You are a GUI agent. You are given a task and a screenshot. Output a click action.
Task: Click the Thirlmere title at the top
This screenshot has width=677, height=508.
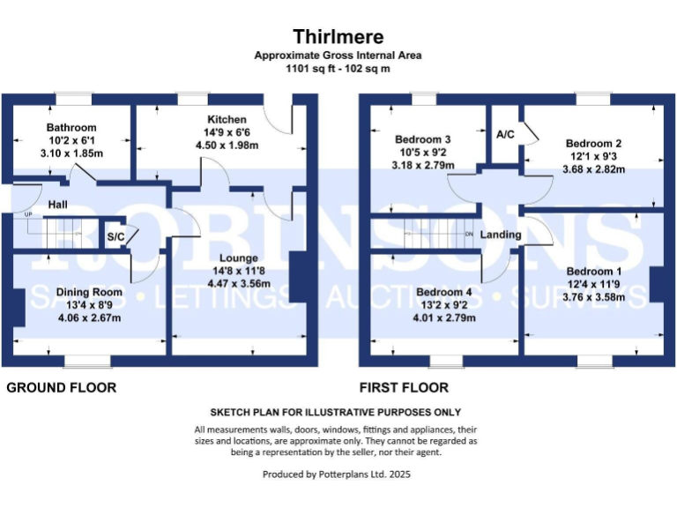[338, 36]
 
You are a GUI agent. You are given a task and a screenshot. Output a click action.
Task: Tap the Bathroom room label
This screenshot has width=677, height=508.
[71, 128]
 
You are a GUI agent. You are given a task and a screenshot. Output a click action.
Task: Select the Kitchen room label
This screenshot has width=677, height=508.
[227, 120]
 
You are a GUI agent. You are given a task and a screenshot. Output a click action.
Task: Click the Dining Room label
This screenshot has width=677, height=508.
[88, 292]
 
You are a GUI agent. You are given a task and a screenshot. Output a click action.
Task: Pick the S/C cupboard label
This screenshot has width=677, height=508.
[115, 236]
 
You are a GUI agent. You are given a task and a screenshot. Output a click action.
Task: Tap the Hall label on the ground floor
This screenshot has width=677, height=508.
[58, 205]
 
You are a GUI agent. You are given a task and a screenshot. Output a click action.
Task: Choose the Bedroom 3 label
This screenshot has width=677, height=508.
[423, 139]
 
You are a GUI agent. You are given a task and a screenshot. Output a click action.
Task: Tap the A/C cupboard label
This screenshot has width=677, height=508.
[505, 135]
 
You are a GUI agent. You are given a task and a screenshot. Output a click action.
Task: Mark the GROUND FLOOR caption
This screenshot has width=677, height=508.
[62, 387]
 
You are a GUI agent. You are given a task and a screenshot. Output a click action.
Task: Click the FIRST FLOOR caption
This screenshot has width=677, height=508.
[404, 387]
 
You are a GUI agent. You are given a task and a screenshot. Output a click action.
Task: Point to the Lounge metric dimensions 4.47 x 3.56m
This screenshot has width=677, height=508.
[234, 283]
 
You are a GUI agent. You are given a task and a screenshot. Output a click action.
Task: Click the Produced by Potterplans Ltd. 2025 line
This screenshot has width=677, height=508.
[337, 474]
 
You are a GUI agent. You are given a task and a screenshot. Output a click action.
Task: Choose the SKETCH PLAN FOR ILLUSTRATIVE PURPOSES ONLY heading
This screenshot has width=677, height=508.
[335, 412]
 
